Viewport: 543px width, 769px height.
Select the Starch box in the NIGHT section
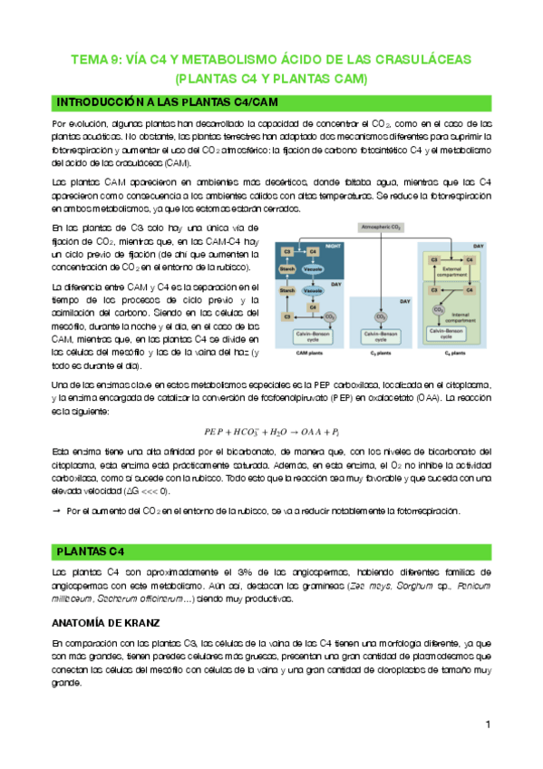point(288,268)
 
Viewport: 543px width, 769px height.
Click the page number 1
point(488,724)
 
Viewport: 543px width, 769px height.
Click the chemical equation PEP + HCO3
point(271,430)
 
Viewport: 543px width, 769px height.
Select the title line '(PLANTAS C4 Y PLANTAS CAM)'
point(271,79)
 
